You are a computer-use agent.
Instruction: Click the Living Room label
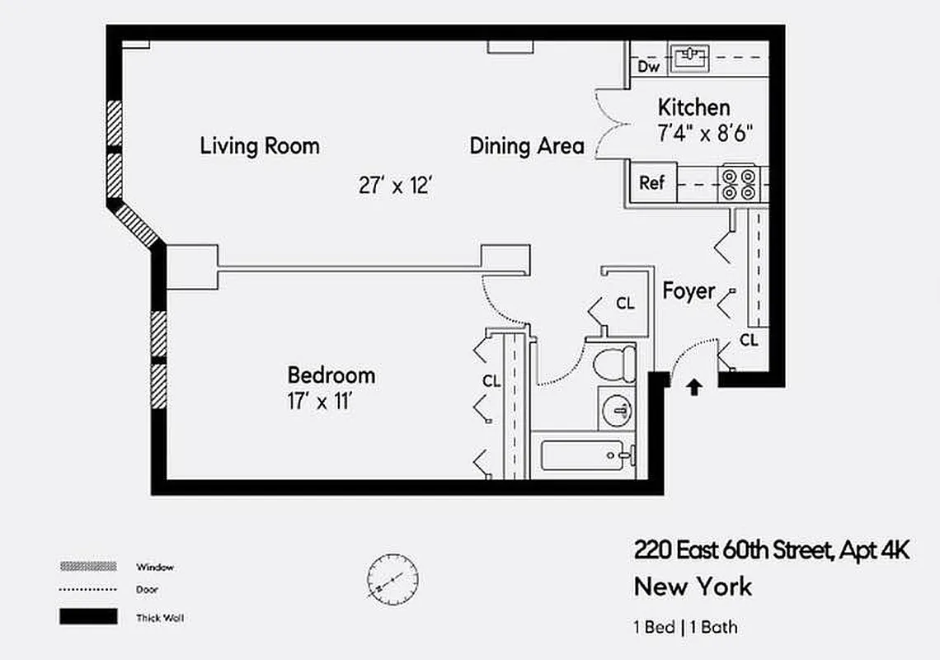(260, 147)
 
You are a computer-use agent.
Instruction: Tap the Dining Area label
(527, 147)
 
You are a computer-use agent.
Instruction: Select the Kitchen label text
(693, 107)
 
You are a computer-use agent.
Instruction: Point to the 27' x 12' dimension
(396, 186)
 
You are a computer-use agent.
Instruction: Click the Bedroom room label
(331, 375)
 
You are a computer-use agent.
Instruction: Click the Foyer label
(689, 290)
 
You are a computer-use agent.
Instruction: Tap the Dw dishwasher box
(647, 67)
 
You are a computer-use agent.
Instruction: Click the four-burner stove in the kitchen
(738, 184)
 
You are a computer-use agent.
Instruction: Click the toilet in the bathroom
(615, 364)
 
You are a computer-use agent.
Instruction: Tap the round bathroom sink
(618, 410)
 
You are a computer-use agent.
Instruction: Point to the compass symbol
(392, 578)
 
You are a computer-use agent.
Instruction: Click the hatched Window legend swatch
(87, 567)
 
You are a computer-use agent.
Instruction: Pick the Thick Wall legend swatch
(87, 616)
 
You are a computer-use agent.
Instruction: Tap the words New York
(693, 587)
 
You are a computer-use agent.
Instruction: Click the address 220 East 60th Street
(731, 550)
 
